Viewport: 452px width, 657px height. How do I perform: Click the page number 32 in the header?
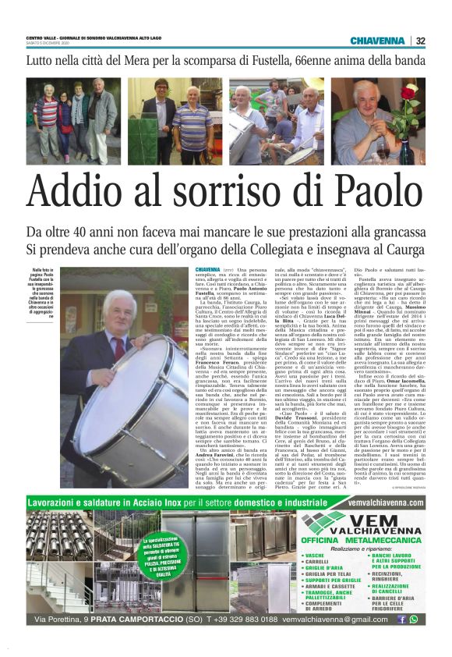tap(421, 41)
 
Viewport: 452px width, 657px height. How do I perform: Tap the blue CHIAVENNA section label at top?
tap(377, 41)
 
